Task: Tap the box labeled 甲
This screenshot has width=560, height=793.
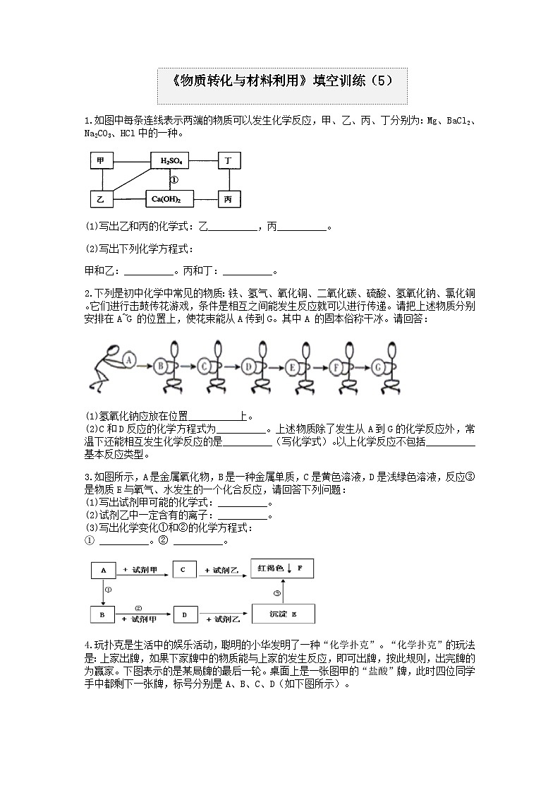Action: (x=101, y=161)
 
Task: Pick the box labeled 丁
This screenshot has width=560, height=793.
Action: (x=228, y=161)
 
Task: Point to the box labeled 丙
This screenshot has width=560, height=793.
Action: (x=228, y=199)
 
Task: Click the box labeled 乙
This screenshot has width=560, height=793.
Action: (x=101, y=199)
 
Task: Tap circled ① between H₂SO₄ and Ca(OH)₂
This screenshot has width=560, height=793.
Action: (x=174, y=180)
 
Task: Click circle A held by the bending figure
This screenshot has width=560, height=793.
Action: (x=129, y=359)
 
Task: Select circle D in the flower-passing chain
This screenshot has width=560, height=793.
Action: (x=248, y=366)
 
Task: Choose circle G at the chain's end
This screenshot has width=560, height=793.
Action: (x=379, y=366)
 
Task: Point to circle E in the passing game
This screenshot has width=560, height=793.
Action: (x=292, y=366)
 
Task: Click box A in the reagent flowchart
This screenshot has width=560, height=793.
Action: (x=103, y=570)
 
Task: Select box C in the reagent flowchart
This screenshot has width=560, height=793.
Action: (x=183, y=569)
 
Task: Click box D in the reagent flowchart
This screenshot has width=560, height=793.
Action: (x=184, y=615)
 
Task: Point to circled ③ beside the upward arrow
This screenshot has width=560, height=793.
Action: (x=277, y=592)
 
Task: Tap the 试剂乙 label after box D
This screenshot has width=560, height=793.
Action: (x=224, y=619)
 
